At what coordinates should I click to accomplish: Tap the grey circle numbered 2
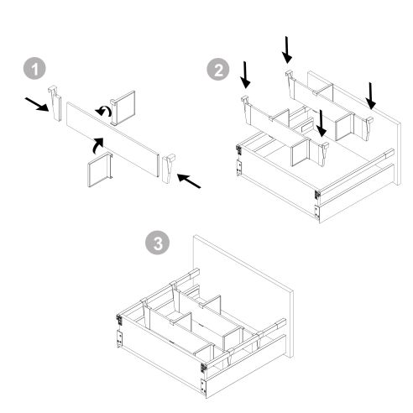coord(220,71)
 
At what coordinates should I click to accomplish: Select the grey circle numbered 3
coord(155,243)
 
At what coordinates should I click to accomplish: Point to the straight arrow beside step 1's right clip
coord(191,180)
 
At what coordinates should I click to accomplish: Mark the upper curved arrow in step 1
coord(103,111)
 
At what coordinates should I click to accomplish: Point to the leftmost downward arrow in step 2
coord(245,76)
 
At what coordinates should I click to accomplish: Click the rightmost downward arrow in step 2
coord(372,95)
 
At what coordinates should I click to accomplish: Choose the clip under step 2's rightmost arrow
coord(369,124)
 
